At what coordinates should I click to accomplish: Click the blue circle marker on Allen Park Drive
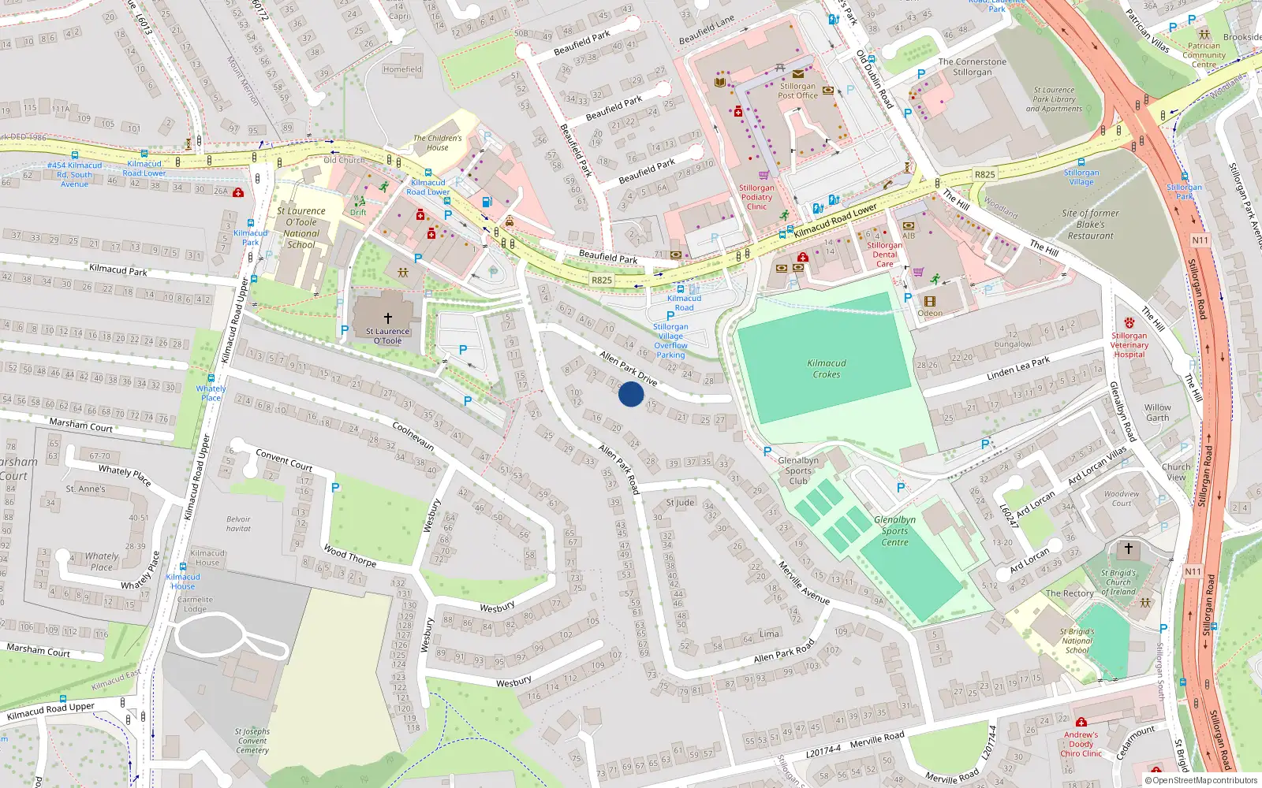pyautogui.click(x=631, y=394)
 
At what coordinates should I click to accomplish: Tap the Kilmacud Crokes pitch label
pyautogui.click(x=827, y=369)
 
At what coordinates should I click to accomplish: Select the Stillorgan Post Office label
pyautogui.click(x=797, y=91)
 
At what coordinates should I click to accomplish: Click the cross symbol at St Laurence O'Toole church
pyautogui.click(x=387, y=318)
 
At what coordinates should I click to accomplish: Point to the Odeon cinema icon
pyautogui.click(x=930, y=302)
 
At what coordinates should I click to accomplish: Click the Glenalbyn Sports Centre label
pyautogui.click(x=894, y=530)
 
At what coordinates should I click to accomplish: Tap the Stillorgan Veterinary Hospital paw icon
pyautogui.click(x=1129, y=322)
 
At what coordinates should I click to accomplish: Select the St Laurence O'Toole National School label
pyautogui.click(x=301, y=228)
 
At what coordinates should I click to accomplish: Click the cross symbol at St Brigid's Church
pyautogui.click(x=1128, y=548)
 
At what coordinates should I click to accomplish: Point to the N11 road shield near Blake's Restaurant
pyautogui.click(x=1200, y=240)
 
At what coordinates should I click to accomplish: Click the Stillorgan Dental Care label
pyautogui.click(x=885, y=255)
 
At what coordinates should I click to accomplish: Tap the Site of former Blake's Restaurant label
pyautogui.click(x=1090, y=224)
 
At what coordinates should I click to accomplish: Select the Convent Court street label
pyautogui.click(x=284, y=460)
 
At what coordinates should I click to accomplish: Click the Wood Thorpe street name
pyautogui.click(x=349, y=556)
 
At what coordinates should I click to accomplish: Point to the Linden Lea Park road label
pyautogui.click(x=1018, y=369)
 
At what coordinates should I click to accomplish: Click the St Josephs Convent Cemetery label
pyautogui.click(x=252, y=741)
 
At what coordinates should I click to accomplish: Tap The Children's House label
pyautogui.click(x=437, y=143)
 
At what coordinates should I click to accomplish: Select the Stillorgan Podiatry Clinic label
pyautogui.click(x=756, y=197)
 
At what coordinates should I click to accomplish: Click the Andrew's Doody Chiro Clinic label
pyautogui.click(x=1081, y=744)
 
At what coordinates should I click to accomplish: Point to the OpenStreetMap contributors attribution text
pyautogui.click(x=1201, y=780)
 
